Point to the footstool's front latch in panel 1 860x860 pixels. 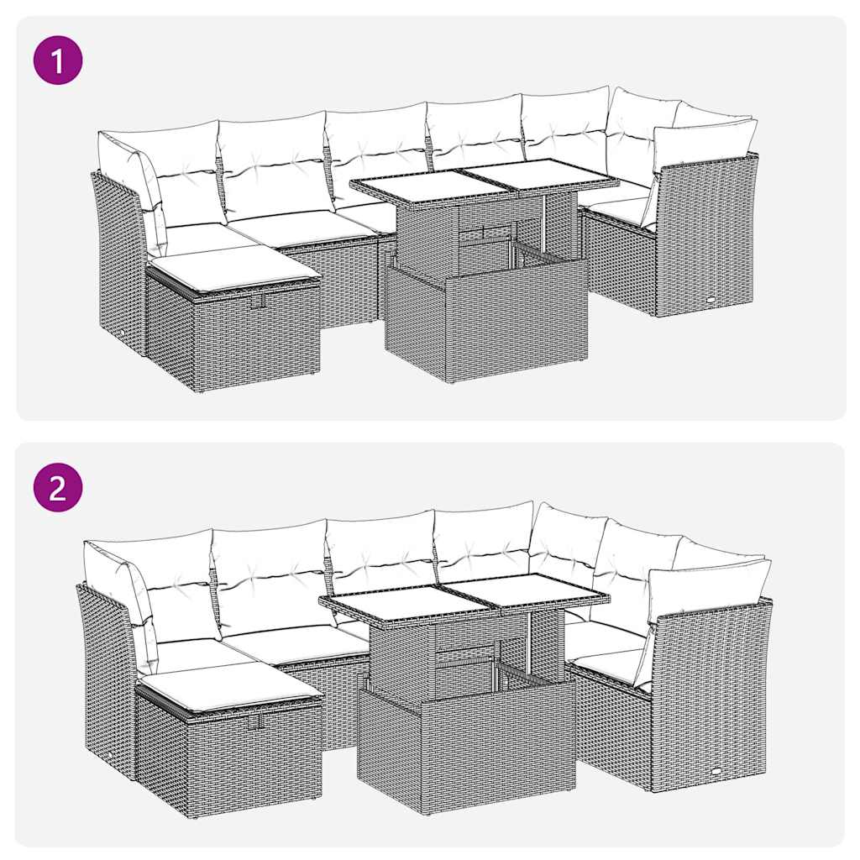[x=262, y=301]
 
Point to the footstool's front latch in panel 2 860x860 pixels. [x=254, y=720]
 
